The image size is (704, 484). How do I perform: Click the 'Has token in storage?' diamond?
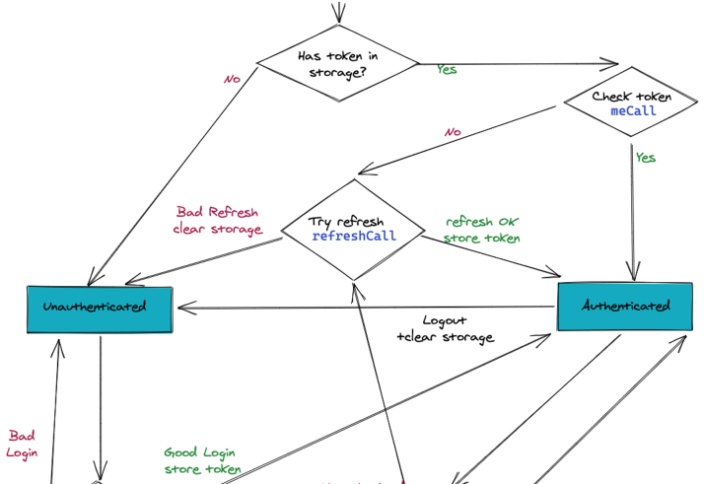pos(337,63)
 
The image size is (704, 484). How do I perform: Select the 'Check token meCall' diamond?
pos(632,104)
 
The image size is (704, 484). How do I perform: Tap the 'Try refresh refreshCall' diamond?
pos(353,229)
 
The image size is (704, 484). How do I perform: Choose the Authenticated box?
pos(626,306)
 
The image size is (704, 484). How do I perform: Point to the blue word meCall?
pos(633,111)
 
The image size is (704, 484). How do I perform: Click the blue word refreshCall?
pos(354,237)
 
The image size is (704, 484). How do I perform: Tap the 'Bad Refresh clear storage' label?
pos(218,221)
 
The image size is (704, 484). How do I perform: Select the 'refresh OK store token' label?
pos(481,230)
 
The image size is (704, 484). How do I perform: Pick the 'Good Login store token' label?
pos(202,461)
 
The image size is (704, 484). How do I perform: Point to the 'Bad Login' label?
pos(22,444)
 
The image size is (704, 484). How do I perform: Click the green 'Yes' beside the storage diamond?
pos(447,70)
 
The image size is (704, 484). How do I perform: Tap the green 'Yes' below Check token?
pos(645,158)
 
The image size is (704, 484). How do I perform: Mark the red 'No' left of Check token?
pos(453,132)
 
